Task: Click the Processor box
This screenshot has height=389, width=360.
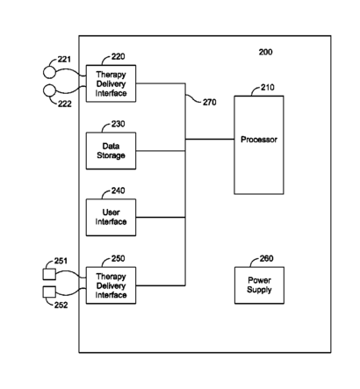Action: [259, 145]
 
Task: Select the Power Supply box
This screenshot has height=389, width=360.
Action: [259, 285]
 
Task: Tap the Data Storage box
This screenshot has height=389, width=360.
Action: [111, 151]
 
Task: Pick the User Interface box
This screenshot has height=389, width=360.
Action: [111, 217]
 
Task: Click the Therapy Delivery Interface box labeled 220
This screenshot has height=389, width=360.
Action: [111, 83]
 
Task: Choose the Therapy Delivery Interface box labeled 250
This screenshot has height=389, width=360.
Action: [111, 285]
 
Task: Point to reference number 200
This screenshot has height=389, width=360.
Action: [265, 52]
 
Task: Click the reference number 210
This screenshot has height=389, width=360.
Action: [268, 87]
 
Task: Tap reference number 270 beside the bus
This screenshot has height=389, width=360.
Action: [210, 102]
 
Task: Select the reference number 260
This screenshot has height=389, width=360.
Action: [266, 258]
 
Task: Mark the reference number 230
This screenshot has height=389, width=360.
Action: [118, 124]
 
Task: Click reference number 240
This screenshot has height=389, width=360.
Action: [118, 191]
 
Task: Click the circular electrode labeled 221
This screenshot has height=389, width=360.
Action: [49, 73]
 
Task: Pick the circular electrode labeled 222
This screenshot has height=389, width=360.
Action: [49, 90]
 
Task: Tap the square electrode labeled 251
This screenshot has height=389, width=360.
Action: [49, 274]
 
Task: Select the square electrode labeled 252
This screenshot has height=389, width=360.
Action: [49, 292]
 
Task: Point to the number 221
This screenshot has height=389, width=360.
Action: [64, 60]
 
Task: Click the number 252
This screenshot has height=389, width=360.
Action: [61, 306]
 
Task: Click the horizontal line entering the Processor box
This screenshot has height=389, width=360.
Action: [210, 140]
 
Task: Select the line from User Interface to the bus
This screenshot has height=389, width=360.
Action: [161, 217]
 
